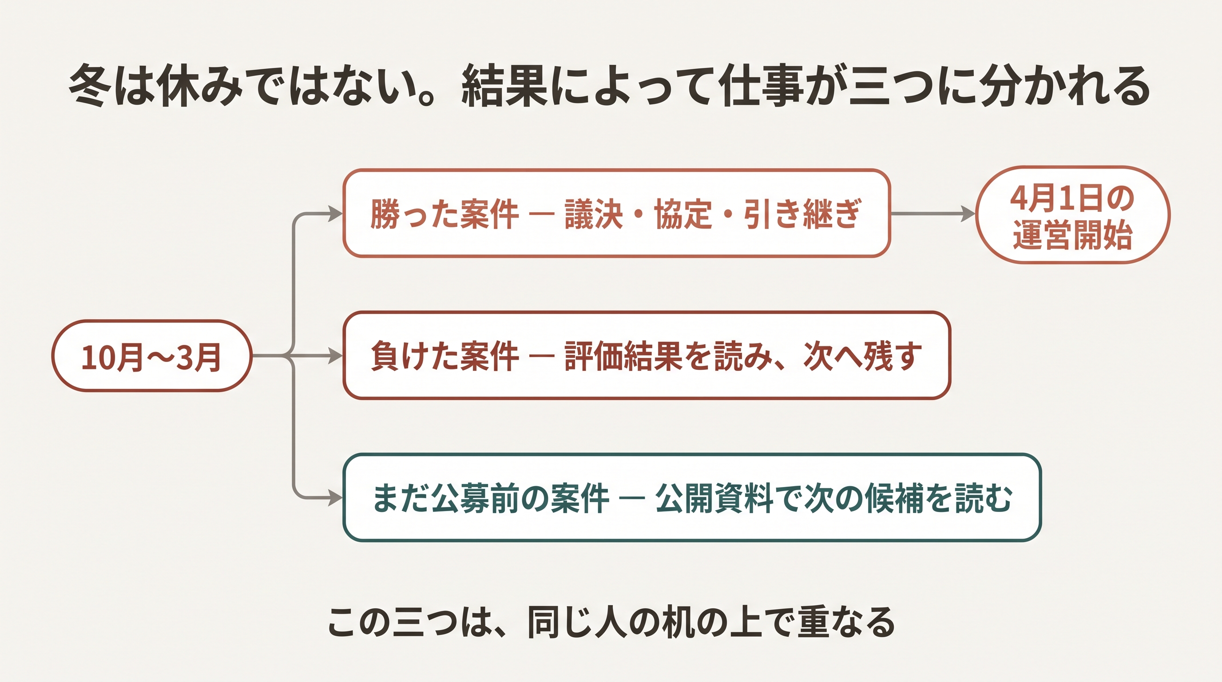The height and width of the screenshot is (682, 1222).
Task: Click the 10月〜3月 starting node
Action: pos(152,356)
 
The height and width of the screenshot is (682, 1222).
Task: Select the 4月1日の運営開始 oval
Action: pos(1072,214)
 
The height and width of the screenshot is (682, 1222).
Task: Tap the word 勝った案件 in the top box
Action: pos(444,214)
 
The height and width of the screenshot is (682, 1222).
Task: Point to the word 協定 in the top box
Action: pos(683,214)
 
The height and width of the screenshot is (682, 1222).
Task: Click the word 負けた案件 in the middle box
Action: pos(444,356)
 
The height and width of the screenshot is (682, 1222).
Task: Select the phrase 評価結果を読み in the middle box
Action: pos(669,356)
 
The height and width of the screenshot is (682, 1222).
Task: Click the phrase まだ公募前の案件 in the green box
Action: pos(491,498)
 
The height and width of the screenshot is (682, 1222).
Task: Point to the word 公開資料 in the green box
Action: pos(714,498)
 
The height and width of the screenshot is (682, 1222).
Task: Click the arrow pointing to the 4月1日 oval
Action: pos(932,214)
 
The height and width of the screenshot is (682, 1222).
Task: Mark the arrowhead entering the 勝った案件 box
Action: pos(335,214)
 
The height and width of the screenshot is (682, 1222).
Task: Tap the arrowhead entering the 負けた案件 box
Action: pos(335,356)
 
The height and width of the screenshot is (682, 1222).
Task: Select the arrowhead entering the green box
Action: pos(335,498)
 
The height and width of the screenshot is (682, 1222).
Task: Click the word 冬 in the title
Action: pos(90,85)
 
